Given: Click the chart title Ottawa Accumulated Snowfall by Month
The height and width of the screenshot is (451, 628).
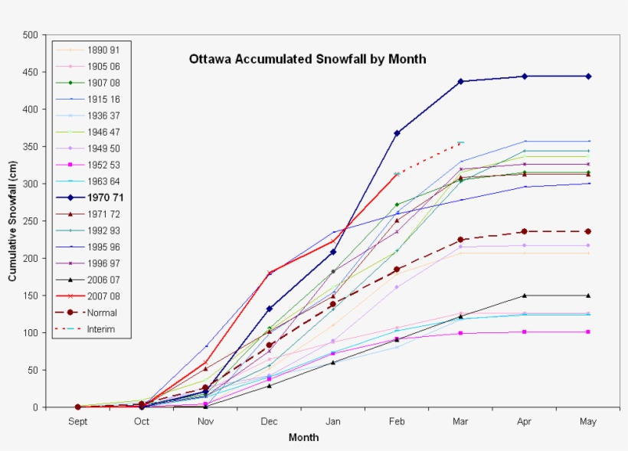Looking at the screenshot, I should point(307,59).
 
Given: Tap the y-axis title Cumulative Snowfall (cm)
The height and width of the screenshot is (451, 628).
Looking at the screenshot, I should point(13,221).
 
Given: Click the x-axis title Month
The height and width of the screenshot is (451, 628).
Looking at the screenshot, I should point(303,438).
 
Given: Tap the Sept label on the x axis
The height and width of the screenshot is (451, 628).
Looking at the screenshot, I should point(77,421).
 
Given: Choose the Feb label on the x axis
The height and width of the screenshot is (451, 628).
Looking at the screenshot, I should point(397,421).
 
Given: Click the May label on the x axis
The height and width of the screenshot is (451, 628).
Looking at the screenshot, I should point(587,421).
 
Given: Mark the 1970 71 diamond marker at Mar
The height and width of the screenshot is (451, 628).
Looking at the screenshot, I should point(460,81).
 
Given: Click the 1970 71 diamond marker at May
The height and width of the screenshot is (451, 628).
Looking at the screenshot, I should point(587,76).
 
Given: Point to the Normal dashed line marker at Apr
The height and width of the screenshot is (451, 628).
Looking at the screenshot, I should point(524,231).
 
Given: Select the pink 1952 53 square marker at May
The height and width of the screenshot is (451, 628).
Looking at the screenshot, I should point(587,332).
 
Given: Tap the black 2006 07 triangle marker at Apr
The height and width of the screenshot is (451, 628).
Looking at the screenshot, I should point(524,296).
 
